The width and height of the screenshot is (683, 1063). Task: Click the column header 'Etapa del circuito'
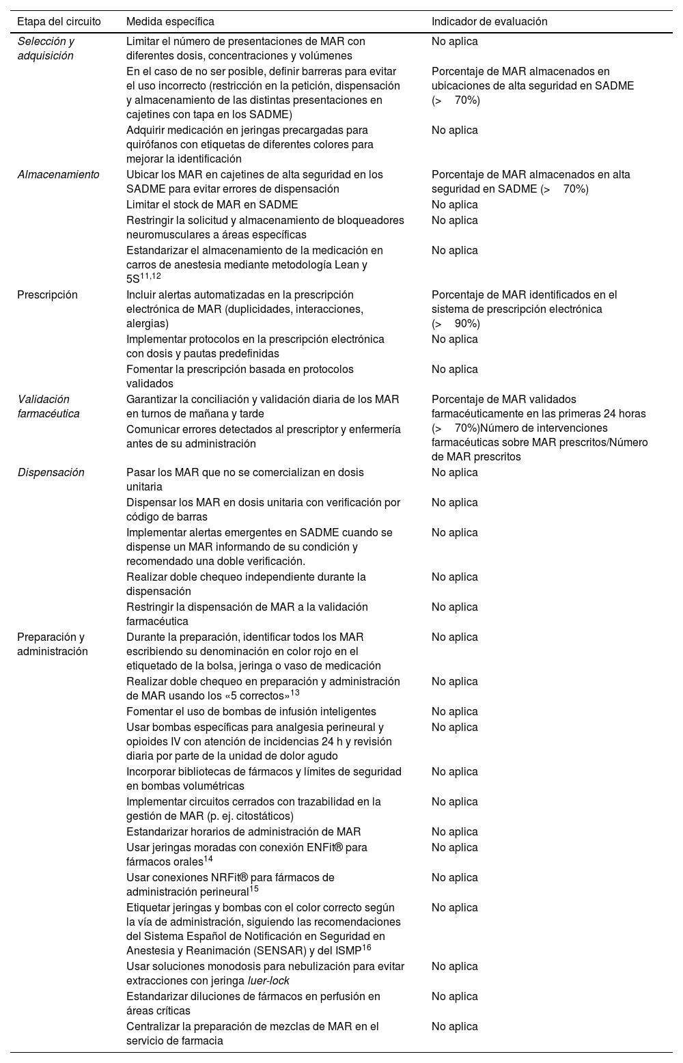[59, 21]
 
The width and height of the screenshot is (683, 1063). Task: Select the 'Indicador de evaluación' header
[489, 21]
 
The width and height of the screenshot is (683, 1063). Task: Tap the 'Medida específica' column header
[170, 21]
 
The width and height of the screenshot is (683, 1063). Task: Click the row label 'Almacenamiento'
[58, 174]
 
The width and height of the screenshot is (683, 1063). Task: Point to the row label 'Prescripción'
[47, 294]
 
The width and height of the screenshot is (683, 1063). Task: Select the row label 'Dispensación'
[51, 472]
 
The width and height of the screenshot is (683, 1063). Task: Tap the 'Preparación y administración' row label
[52, 644]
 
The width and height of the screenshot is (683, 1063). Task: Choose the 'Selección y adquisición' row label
[46, 49]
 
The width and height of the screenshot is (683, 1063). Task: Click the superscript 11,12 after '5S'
[150, 276]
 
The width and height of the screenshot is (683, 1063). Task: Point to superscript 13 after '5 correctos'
[295, 693]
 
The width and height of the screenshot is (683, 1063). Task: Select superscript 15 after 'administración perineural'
[253, 889]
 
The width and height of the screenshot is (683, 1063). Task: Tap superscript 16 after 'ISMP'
[367, 947]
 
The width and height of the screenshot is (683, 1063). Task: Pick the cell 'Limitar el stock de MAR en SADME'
[212, 204]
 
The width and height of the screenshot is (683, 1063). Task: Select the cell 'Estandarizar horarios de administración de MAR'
[243, 831]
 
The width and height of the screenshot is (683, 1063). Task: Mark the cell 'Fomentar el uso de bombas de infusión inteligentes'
[251, 711]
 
